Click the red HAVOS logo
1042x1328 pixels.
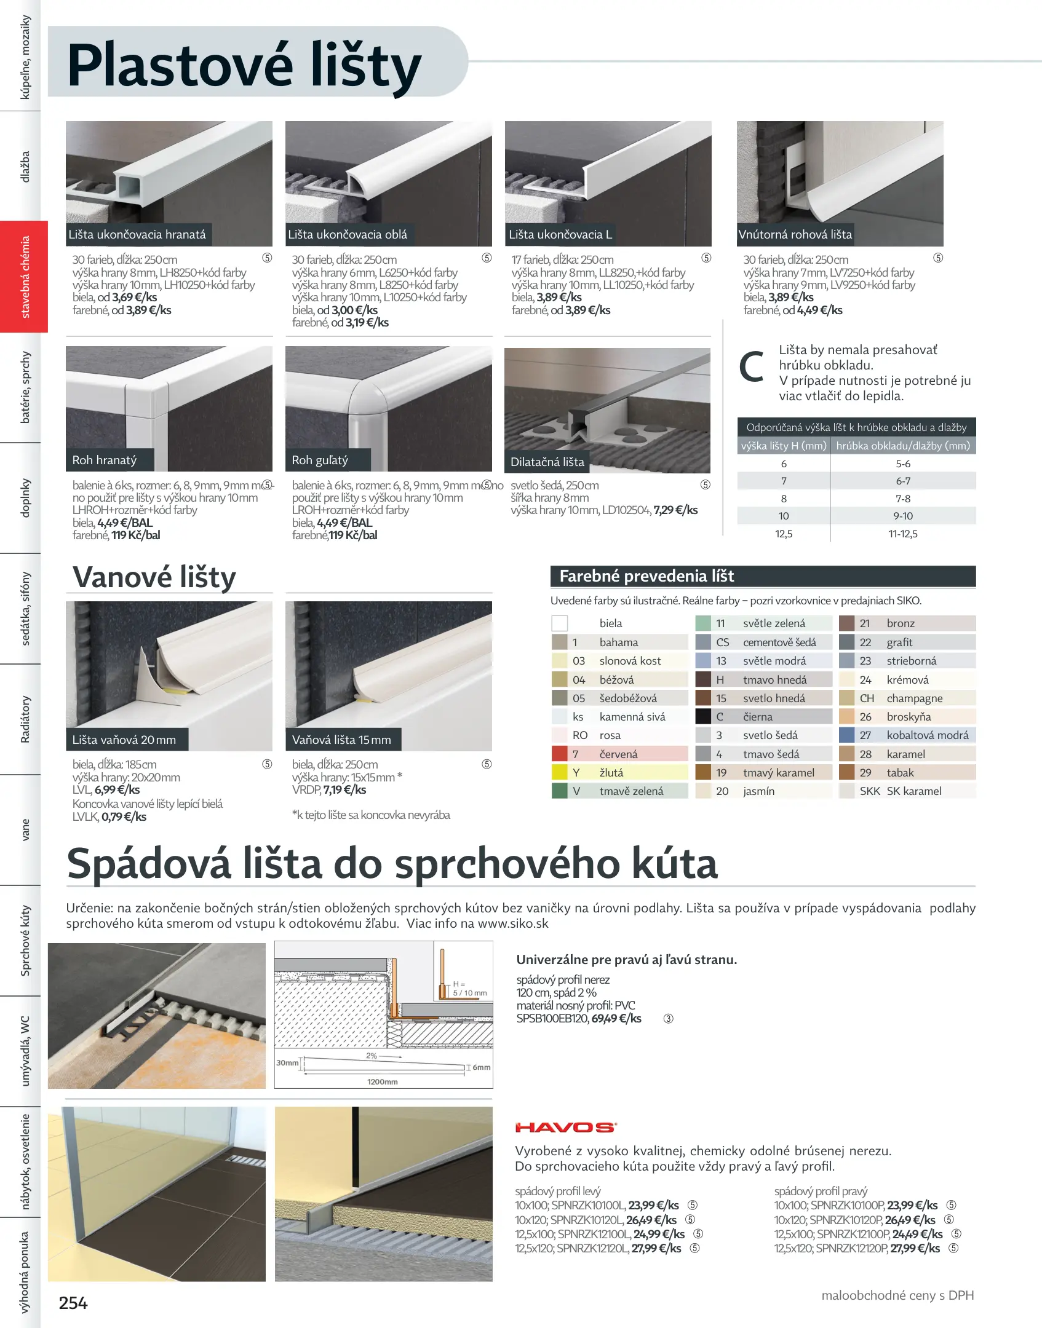pyautogui.click(x=565, y=1127)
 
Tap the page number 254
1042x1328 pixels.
pyautogui.click(x=73, y=1303)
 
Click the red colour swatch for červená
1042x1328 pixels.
pyautogui.click(x=559, y=754)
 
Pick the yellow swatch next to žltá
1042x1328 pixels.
pyautogui.click(x=559, y=772)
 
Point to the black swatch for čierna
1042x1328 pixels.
pyautogui.click(x=703, y=716)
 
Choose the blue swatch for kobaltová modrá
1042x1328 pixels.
pyautogui.click(x=847, y=735)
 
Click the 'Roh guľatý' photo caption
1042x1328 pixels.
pyautogui.click(x=320, y=460)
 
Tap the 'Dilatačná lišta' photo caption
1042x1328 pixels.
pyautogui.click(x=547, y=462)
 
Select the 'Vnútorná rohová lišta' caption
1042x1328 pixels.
pyautogui.click(x=795, y=234)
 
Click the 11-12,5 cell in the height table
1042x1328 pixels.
pyautogui.click(x=902, y=534)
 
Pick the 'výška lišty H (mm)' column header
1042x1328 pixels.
pyautogui.click(x=784, y=446)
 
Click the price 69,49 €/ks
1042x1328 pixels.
pyautogui.click(x=616, y=1019)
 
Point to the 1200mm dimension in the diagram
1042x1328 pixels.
pyautogui.click(x=382, y=1081)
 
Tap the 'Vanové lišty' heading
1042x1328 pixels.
pyautogui.click(x=154, y=577)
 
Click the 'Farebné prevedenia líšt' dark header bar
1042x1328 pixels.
pyautogui.click(x=763, y=576)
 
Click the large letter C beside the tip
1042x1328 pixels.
pyautogui.click(x=751, y=367)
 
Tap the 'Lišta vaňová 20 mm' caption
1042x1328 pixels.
pyautogui.click(x=124, y=740)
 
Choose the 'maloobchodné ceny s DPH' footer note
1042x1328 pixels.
pyautogui.click(x=897, y=1295)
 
